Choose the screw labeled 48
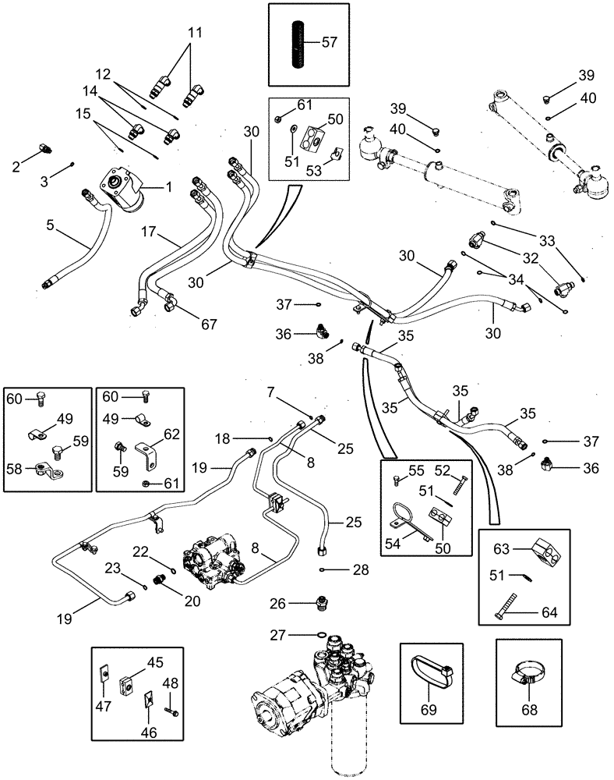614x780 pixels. pyautogui.click(x=171, y=710)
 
